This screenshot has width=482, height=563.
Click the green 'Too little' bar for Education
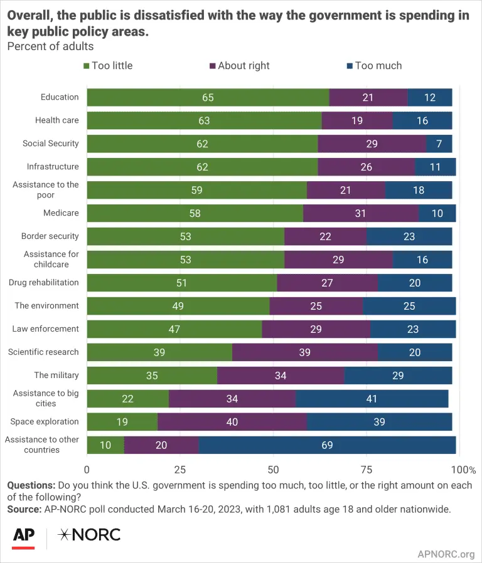[x=207, y=97]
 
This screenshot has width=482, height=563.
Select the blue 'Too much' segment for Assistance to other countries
[x=327, y=445]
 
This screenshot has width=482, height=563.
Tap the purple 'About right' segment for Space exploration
[x=232, y=422]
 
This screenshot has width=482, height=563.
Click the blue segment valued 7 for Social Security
[x=439, y=144]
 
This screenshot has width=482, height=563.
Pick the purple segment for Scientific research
[x=304, y=352]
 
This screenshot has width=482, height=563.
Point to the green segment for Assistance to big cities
[x=127, y=399]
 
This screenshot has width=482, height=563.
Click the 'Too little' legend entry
[x=107, y=66]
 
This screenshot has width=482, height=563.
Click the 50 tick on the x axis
[x=273, y=470]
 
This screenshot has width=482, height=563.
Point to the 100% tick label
[x=464, y=470]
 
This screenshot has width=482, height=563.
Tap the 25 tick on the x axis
[x=180, y=470]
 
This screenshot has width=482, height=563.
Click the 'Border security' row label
[x=50, y=236]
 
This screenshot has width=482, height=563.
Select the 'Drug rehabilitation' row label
[x=44, y=283]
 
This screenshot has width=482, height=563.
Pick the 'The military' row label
[x=56, y=376]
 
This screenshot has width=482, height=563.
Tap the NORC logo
[x=88, y=535]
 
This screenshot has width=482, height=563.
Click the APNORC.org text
[x=446, y=554]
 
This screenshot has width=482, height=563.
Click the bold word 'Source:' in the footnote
[x=24, y=510]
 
